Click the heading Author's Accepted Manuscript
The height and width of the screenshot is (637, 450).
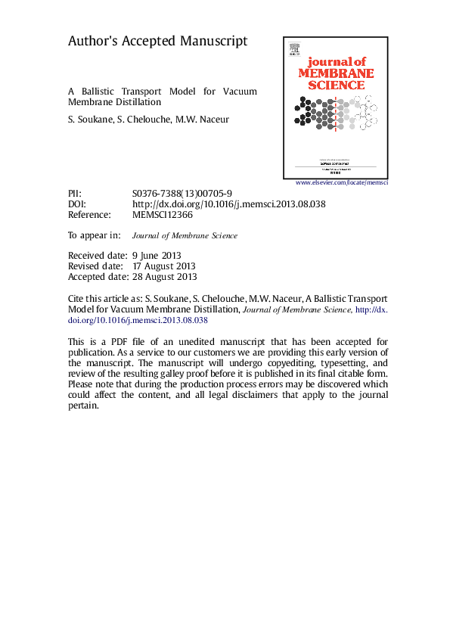157,42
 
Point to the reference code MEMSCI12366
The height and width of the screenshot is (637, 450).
163,215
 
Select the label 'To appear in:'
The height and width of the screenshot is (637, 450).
95,235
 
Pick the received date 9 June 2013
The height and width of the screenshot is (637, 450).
157,256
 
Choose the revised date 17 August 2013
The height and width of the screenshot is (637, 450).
164,266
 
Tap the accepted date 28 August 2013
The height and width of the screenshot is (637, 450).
164,277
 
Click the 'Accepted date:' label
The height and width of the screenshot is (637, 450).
97,277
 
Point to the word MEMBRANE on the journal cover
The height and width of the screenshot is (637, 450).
336,73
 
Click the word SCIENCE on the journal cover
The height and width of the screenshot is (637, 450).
336,85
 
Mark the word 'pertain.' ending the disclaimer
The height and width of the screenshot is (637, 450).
83,406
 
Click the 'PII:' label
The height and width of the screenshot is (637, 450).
75,194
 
